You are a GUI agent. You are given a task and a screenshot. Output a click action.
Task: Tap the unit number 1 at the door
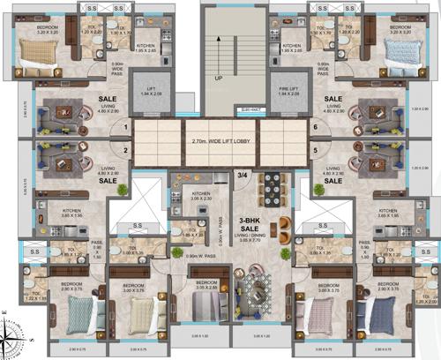[125, 127]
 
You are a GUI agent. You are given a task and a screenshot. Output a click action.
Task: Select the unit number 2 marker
[125, 151]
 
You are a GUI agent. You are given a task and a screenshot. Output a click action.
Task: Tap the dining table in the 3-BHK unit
[273, 187]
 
